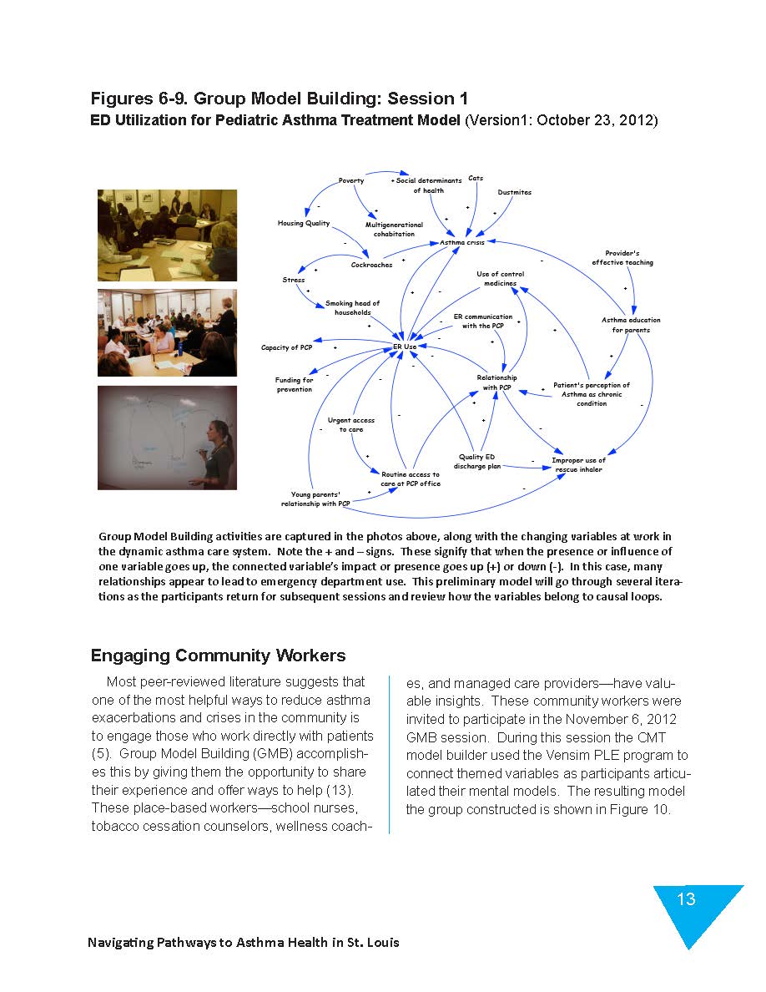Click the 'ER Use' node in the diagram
point(405,347)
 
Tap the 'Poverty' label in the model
point(351,180)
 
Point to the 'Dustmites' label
point(514,193)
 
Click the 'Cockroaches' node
point(371,266)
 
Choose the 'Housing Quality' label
point(303,224)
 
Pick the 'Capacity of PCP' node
point(286,347)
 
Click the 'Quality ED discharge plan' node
point(476,462)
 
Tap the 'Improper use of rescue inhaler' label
point(578,465)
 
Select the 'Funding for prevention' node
point(295,385)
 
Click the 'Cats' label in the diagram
point(476,178)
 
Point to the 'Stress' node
point(294,281)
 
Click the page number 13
point(686,899)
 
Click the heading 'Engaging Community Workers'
point(218,655)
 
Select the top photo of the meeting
point(167,235)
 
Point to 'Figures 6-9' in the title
point(144,99)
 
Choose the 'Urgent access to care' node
point(350,425)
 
